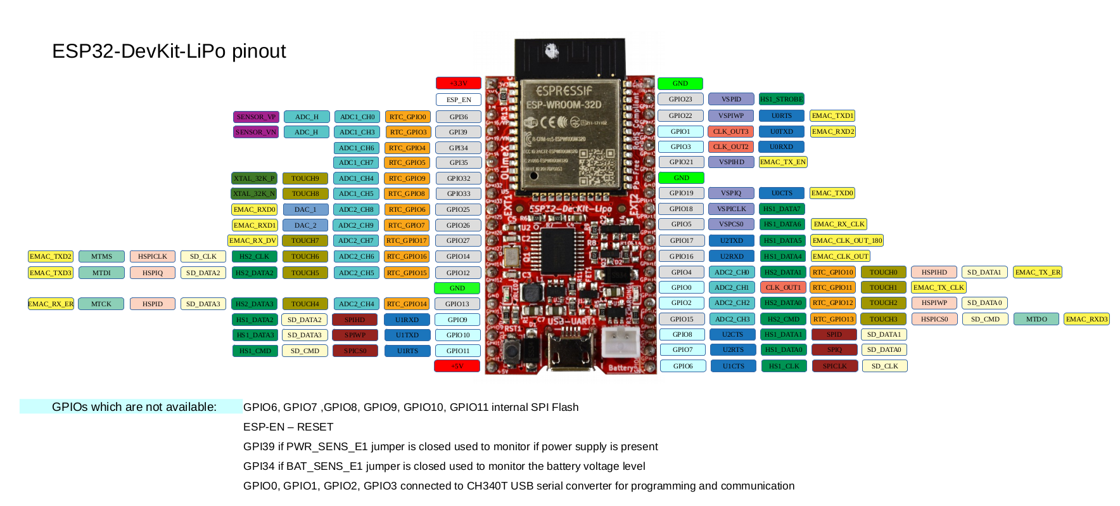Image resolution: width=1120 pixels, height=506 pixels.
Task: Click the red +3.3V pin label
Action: pyautogui.click(x=459, y=83)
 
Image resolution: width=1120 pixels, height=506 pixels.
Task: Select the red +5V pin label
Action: pyautogui.click(x=457, y=366)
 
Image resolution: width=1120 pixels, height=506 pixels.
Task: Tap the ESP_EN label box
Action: pyautogui.click(x=459, y=100)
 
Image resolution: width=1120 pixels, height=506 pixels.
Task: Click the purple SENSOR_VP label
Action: pyautogui.click(x=256, y=117)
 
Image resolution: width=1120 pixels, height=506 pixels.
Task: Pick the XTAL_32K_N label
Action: pyautogui.click(x=254, y=193)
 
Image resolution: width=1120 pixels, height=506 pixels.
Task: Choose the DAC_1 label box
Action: pyautogui.click(x=305, y=209)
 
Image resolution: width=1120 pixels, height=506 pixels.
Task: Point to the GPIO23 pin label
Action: pyautogui.click(x=680, y=99)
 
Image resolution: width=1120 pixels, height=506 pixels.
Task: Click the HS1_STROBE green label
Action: pyautogui.click(x=781, y=99)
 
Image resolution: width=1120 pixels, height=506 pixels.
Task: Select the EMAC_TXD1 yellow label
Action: pyautogui.click(x=832, y=115)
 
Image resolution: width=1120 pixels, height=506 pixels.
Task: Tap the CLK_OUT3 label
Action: pyautogui.click(x=730, y=131)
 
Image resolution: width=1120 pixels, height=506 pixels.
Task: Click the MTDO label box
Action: pyautogui.click(x=1036, y=319)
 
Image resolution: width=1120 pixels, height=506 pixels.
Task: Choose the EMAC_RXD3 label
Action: pyautogui.click(x=1086, y=319)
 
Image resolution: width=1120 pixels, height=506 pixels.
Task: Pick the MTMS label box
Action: pyautogui.click(x=101, y=256)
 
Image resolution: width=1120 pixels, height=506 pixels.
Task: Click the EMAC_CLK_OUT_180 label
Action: pyautogui.click(x=846, y=240)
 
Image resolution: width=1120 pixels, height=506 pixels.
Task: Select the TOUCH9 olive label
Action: pyautogui.click(x=305, y=178)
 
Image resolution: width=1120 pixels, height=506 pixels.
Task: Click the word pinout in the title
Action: pyautogui.click(x=258, y=51)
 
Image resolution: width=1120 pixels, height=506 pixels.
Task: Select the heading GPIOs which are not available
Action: pyautogui.click(x=134, y=407)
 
